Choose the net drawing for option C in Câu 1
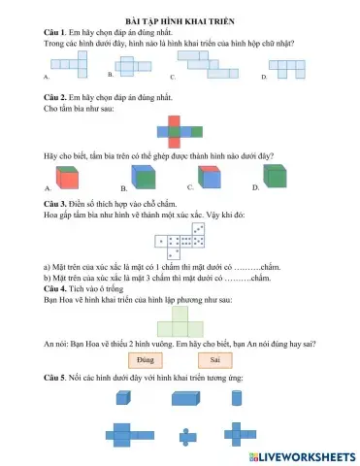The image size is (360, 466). point(209,66)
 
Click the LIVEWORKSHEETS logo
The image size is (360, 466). point(300,455)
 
